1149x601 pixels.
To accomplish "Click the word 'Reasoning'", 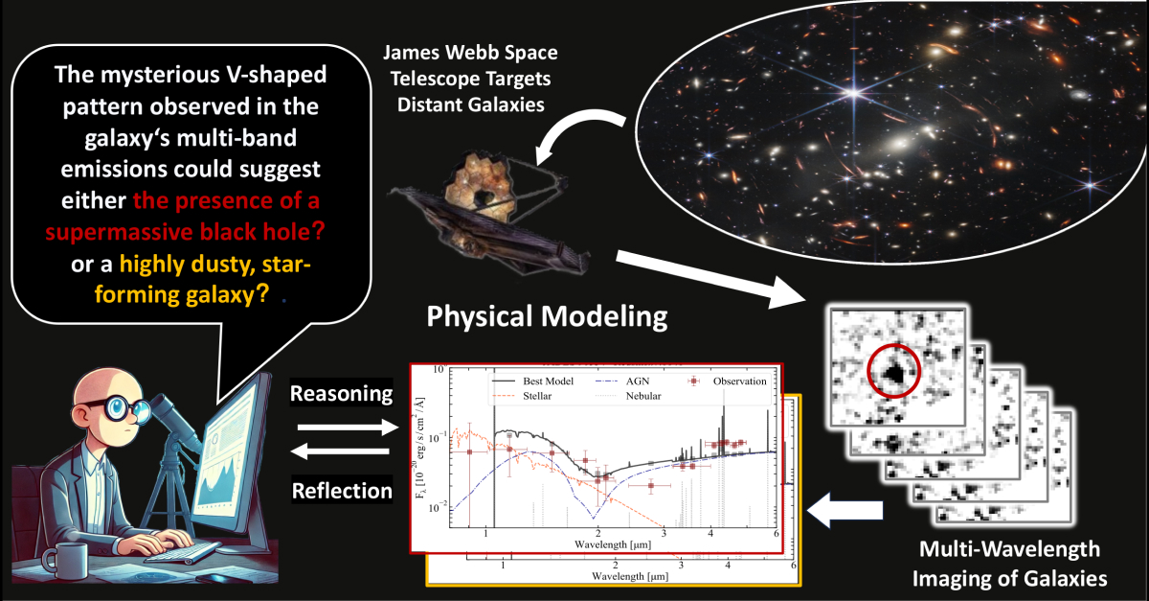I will click(341, 394).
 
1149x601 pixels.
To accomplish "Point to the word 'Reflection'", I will click(341, 490).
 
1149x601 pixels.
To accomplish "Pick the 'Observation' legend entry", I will click(730, 381).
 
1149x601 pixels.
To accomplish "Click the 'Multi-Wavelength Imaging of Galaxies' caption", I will click(1010, 564).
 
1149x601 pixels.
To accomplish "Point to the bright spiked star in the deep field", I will click(850, 93).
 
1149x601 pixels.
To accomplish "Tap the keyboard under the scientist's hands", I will click(182, 553).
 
